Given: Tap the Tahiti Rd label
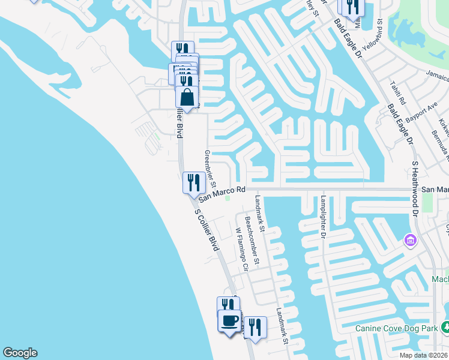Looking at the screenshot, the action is tap(398, 92).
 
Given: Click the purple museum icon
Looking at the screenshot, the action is tap(411, 241).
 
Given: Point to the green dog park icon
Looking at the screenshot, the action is tap(445, 327).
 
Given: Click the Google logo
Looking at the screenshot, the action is tap(20, 353).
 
